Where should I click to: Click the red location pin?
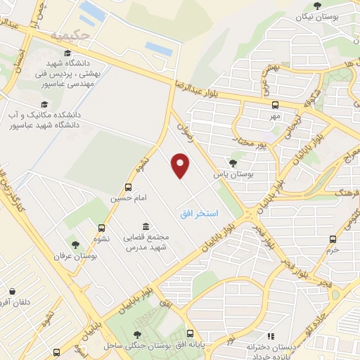181,166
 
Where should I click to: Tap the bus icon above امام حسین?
128,187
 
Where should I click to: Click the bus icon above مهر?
274,104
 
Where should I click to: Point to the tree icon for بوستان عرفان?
75,245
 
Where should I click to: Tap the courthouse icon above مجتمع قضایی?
146,226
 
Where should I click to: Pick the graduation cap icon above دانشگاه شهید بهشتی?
67,53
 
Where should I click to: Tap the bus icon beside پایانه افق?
190,334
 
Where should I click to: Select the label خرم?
333,250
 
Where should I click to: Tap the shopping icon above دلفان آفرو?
13,291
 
